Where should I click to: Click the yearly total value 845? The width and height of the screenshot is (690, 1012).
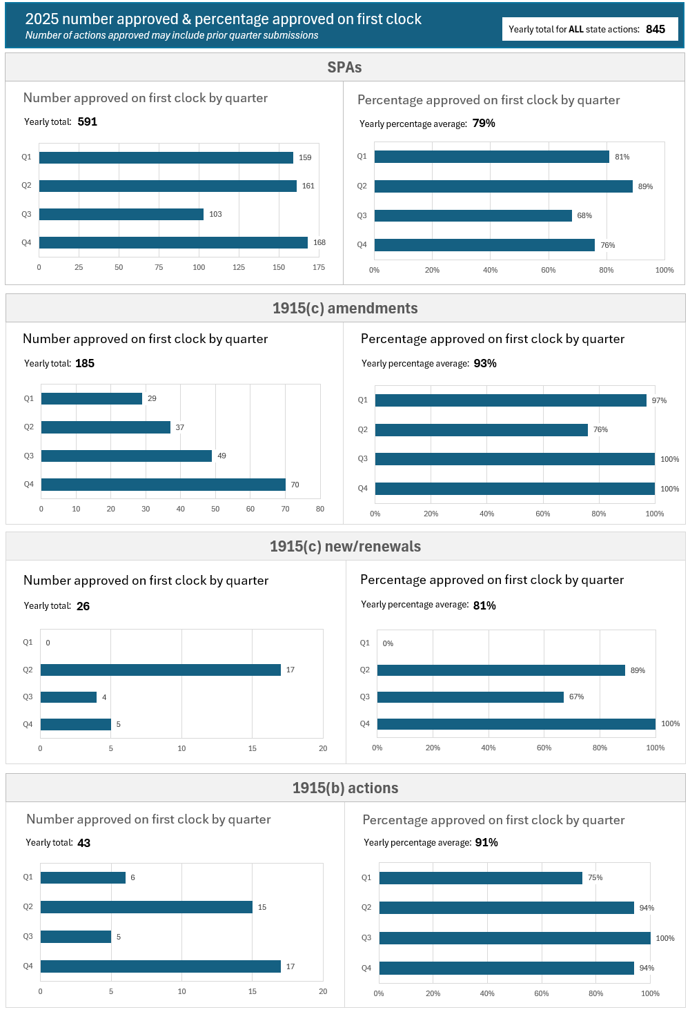point(655,29)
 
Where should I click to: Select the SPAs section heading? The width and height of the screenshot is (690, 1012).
point(344,68)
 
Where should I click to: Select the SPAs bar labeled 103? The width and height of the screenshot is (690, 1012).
point(121,214)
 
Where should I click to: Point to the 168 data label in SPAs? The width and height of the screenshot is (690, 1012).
point(319,242)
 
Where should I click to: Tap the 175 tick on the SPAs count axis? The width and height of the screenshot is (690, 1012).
point(319,267)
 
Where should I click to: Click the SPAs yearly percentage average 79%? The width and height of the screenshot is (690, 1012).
point(484,124)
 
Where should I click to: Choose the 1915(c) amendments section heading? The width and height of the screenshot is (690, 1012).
point(345,309)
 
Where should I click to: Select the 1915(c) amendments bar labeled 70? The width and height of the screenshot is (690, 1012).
point(164,485)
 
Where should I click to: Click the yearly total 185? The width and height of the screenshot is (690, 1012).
point(85,363)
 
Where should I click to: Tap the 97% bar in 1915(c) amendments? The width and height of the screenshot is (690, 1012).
point(511,400)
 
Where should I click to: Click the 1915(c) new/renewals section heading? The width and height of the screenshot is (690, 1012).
point(345,547)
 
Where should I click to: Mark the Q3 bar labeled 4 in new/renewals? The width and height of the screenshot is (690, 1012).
point(68,697)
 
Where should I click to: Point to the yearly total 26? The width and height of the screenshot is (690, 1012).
point(83,606)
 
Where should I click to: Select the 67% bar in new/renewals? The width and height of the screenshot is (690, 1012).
point(471,697)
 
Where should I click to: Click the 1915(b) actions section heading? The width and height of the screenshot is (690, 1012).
point(345,788)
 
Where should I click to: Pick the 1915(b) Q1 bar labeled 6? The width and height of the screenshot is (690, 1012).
point(83,877)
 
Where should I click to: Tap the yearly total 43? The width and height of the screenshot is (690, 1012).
point(83,843)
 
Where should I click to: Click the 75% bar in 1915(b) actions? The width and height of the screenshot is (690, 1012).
point(481,878)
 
